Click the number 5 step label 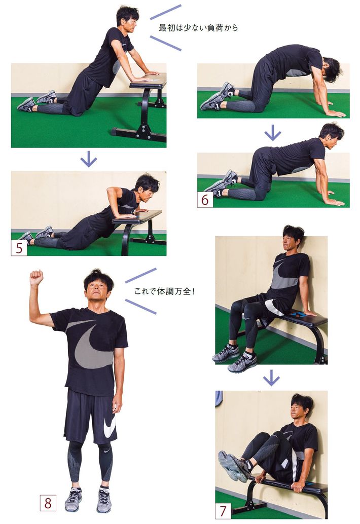(19, 248)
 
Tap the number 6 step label (205, 200)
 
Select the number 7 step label (223, 511)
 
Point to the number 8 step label (48, 503)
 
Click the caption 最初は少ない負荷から (198, 28)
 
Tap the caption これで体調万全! (164, 291)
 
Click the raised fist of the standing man (37, 278)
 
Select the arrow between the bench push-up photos (89, 159)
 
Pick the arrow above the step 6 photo (273, 133)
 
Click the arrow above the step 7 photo (271, 378)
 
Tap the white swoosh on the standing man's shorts (110, 426)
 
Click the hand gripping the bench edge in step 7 (298, 486)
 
